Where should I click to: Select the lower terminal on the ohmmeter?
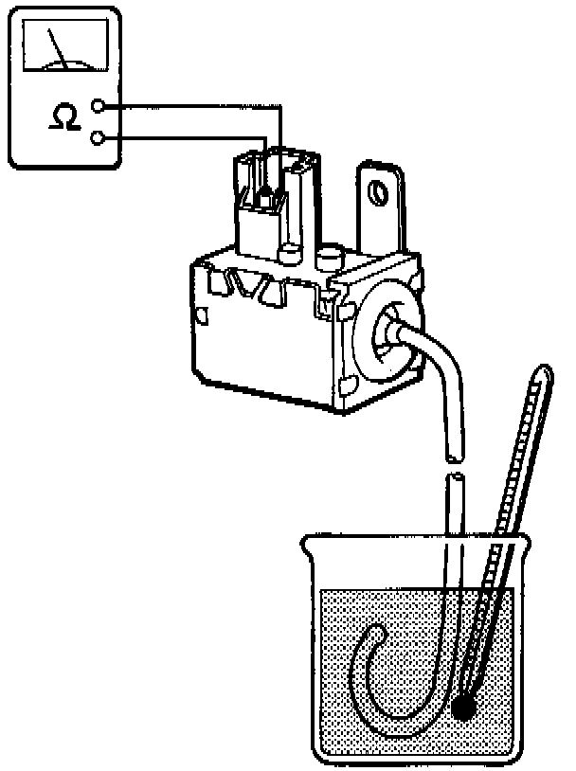point(99,138)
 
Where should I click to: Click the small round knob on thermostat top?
point(330,257)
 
